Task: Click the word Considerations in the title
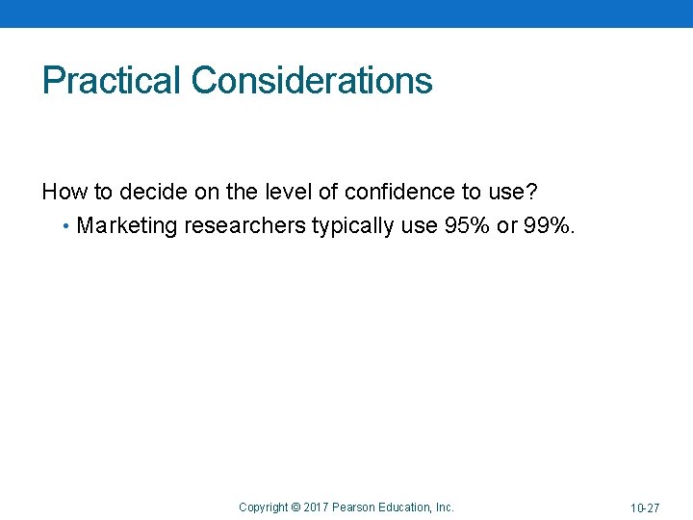click(x=312, y=81)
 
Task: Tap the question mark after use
click(x=530, y=192)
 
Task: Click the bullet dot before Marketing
click(x=64, y=227)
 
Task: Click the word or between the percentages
click(x=507, y=226)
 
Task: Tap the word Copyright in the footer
click(x=263, y=507)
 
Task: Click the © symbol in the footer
click(x=295, y=507)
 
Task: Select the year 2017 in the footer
click(x=316, y=507)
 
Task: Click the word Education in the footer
click(x=405, y=507)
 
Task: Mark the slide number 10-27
click(x=645, y=507)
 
